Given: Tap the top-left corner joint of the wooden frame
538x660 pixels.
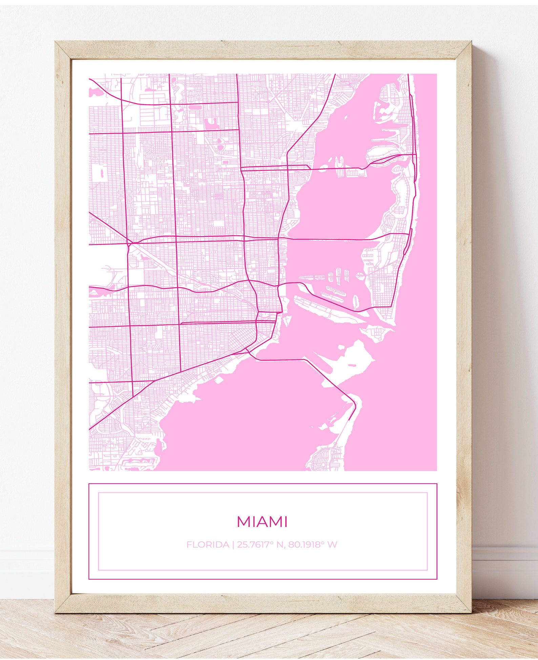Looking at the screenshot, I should pyautogui.click(x=63, y=50).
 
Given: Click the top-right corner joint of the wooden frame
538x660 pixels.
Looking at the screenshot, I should pyautogui.click(x=463, y=50).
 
